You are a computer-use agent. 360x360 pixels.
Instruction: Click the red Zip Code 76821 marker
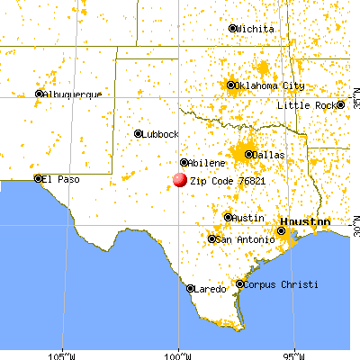click(x=179, y=180)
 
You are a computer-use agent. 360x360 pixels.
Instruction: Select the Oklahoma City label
click(x=271, y=86)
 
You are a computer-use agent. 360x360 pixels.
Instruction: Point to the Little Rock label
click(x=306, y=105)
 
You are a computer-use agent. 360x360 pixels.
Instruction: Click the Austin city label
click(x=247, y=218)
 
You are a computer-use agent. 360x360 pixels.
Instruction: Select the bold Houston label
click(x=304, y=221)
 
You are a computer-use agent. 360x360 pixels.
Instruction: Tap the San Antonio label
click(x=239, y=239)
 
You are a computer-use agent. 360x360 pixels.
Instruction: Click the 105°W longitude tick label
click(x=62, y=353)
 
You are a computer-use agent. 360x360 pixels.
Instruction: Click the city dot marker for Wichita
click(x=232, y=29)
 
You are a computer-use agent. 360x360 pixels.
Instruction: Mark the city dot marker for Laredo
click(x=191, y=289)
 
